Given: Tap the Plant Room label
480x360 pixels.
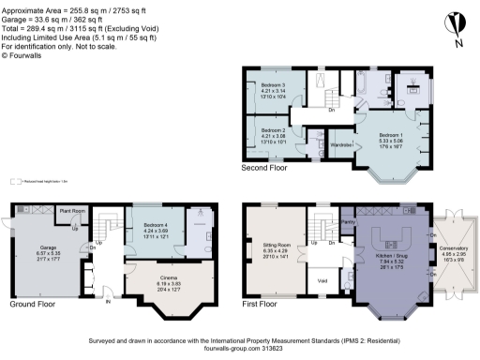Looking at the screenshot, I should click(71, 212).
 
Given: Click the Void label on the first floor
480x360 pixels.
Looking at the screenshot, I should click(322, 279).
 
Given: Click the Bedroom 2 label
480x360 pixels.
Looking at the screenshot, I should click(272, 130).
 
